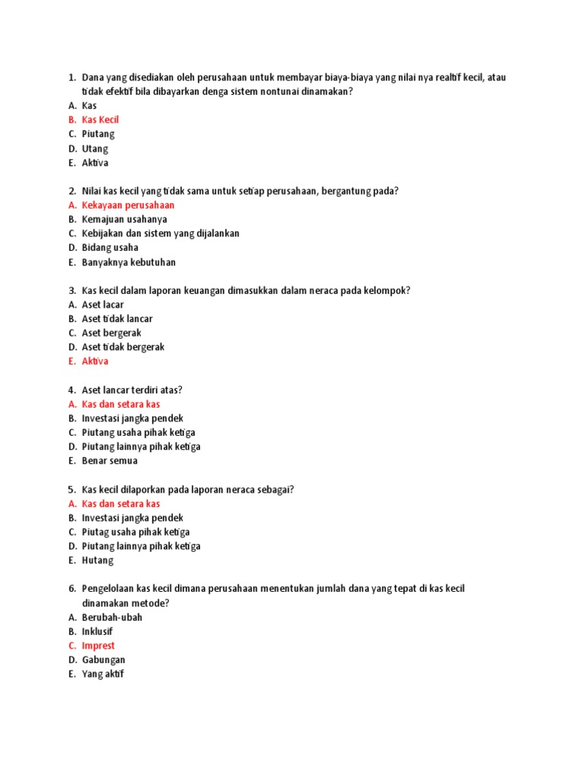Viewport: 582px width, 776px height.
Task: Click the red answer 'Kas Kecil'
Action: click(100, 120)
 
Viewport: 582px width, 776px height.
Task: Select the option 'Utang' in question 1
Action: click(95, 149)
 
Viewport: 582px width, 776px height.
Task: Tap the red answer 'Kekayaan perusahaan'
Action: click(128, 205)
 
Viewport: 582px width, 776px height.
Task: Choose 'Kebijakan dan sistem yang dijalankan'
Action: click(161, 233)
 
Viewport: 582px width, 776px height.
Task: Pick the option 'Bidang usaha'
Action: click(110, 247)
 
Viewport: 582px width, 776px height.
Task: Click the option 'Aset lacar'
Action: click(102, 305)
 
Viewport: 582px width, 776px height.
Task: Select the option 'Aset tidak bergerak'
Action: click(123, 347)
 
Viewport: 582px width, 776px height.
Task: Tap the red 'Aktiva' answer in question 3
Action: click(95, 361)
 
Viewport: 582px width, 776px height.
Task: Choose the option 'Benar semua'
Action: click(110, 461)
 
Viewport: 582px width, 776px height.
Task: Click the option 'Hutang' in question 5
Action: click(98, 560)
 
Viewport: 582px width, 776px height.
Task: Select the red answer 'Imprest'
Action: click(99, 646)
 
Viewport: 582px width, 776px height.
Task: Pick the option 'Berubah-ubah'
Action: click(112, 617)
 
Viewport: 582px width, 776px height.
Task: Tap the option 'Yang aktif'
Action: click(102, 674)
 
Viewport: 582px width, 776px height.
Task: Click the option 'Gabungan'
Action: click(103, 660)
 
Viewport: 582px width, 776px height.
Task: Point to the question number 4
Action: click(71, 390)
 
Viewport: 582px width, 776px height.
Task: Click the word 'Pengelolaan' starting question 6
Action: click(109, 589)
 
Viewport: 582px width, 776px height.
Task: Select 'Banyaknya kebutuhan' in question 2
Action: click(129, 262)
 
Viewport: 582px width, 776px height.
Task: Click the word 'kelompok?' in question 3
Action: click(387, 290)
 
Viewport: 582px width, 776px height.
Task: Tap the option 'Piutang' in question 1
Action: click(99, 134)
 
